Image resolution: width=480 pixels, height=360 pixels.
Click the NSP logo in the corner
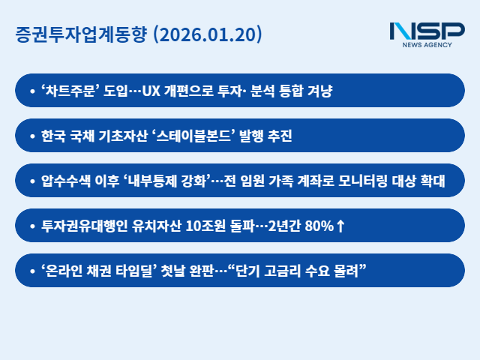[427, 31]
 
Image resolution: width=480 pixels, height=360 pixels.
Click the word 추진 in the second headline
[277, 136]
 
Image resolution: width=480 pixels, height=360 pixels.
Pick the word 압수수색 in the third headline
[67, 181]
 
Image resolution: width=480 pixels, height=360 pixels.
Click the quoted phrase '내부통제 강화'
[174, 181]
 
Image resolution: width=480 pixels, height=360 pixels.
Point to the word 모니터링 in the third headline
[372, 181]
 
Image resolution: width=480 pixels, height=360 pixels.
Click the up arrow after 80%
[340, 226]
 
